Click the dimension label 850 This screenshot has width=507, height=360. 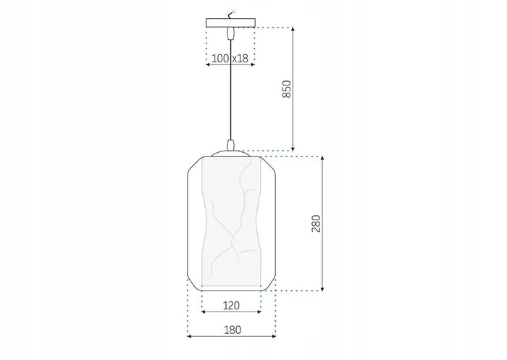point(286,89)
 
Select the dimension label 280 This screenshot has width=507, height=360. point(316,223)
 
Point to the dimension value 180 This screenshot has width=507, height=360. point(231,330)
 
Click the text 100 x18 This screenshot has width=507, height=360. point(231,57)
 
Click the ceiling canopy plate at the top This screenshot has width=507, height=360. point(231,22)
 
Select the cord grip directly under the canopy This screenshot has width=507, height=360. point(231,33)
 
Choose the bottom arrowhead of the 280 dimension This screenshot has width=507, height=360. point(322,289)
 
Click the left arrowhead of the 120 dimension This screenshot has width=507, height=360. point(204,312)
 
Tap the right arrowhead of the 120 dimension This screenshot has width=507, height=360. point(259,312)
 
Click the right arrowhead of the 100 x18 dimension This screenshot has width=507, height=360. point(253,64)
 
